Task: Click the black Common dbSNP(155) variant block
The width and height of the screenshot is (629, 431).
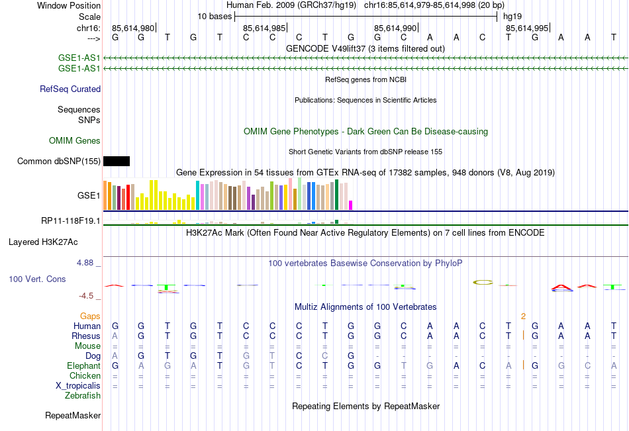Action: (x=117, y=161)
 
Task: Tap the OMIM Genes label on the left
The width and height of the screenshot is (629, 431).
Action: (x=75, y=140)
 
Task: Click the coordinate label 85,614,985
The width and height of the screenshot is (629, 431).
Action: (x=264, y=28)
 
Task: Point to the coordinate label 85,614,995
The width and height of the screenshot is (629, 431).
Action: (x=527, y=28)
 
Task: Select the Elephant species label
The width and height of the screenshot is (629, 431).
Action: (x=83, y=365)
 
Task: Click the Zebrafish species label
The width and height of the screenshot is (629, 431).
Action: (x=83, y=396)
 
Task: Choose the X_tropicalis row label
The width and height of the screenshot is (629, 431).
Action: (x=78, y=386)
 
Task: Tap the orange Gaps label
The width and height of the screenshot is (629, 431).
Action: (x=91, y=316)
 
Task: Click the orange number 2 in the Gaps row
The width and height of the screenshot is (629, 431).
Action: (x=523, y=316)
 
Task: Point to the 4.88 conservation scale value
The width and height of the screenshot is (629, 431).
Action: (x=87, y=263)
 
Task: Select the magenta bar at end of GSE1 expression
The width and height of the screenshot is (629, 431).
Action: (x=351, y=205)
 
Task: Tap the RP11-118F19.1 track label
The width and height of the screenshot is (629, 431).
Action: (x=71, y=221)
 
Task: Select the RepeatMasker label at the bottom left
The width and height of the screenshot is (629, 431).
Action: (x=73, y=416)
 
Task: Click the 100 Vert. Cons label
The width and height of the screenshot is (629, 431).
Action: (x=37, y=279)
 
